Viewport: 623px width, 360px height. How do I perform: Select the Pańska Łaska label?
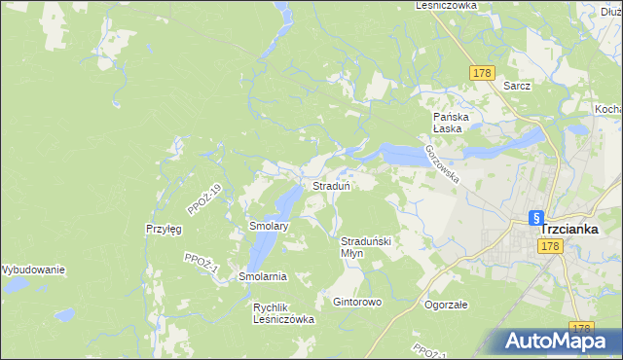452,123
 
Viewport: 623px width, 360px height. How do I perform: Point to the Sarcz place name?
517,86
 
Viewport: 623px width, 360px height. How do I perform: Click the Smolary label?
269,226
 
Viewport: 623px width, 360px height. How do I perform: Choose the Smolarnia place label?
263,276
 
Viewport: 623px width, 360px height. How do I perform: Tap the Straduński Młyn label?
365,246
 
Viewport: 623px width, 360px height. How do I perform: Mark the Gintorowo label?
357,302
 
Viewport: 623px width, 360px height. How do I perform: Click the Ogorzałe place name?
447,304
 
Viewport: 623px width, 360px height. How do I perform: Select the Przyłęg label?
164,229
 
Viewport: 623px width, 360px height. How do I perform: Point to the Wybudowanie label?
32,270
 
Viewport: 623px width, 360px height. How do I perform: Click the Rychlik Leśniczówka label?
283,312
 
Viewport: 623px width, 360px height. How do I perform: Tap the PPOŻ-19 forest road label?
205,199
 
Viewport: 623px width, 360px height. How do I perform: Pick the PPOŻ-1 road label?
199,263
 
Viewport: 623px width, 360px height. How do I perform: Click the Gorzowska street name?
441,162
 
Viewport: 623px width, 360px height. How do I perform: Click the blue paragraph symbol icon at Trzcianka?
534,219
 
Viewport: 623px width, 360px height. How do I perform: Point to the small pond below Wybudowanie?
64,315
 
